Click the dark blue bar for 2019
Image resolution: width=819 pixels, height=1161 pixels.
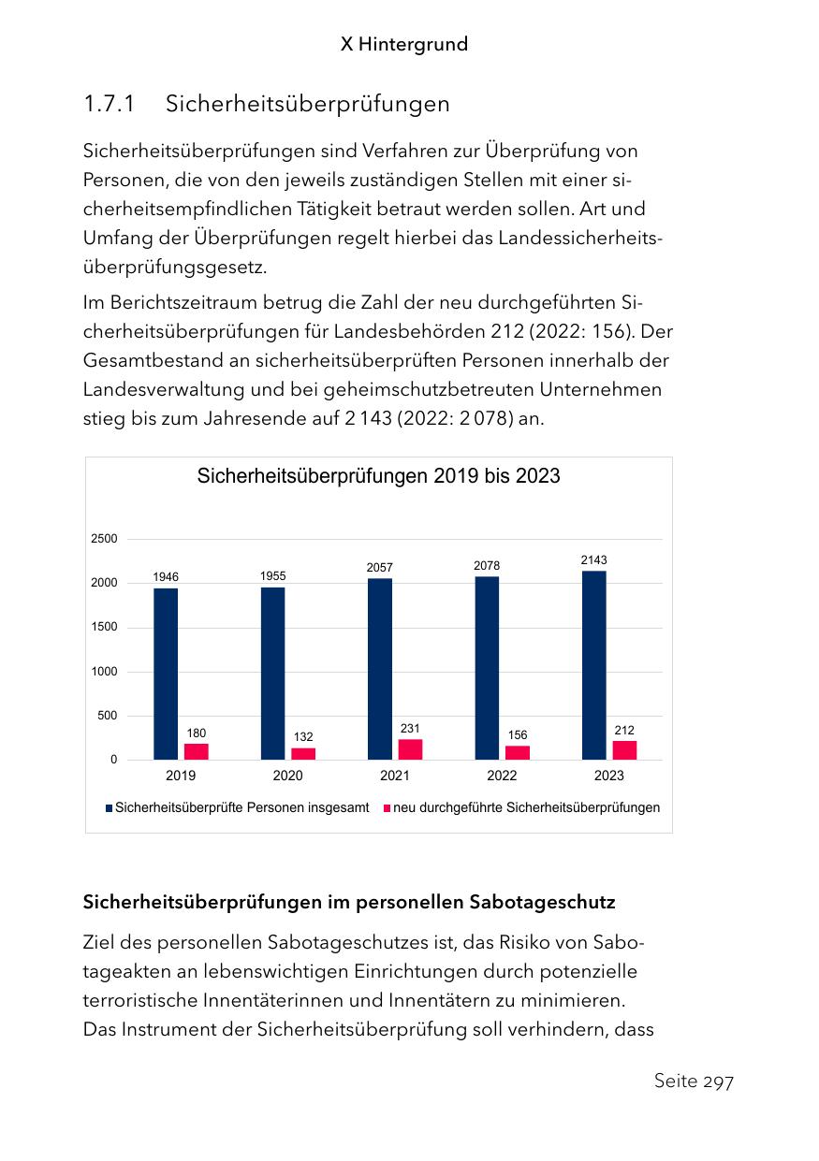[x=166, y=674]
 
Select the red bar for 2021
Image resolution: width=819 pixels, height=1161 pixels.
[x=410, y=749]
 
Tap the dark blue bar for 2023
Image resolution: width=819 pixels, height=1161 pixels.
[x=593, y=665]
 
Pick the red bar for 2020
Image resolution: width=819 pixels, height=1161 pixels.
[x=303, y=754]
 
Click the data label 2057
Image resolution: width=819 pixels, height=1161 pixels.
[x=380, y=568]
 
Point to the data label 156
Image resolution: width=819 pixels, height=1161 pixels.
[x=518, y=735]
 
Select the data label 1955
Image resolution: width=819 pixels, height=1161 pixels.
[x=273, y=576]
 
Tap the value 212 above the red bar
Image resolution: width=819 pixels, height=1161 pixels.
[x=624, y=730]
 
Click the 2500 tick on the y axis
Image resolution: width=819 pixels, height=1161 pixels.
[x=105, y=539]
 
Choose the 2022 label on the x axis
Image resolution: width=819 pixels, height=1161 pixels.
[x=502, y=776]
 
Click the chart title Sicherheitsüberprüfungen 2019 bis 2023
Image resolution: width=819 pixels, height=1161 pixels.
[x=378, y=476]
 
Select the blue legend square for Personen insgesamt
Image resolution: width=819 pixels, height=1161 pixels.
[x=109, y=808]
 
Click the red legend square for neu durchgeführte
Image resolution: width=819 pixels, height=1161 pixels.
[x=387, y=808]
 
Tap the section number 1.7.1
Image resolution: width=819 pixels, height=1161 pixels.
[x=109, y=104]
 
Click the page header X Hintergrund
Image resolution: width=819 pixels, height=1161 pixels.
[x=404, y=44]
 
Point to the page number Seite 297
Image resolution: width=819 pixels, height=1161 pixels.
[x=694, y=1081]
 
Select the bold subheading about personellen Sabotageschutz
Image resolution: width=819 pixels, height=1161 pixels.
[x=349, y=903]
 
